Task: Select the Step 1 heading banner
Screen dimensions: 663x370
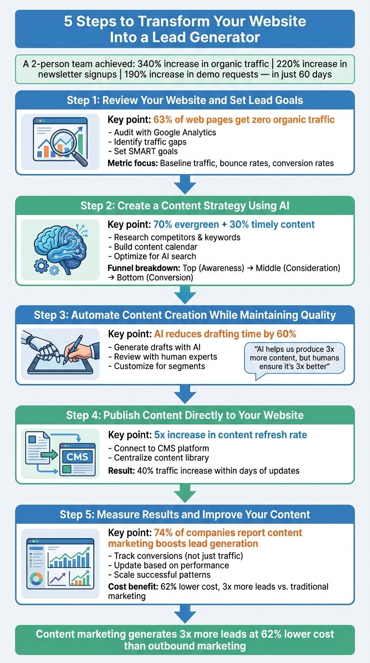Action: coord(185,101)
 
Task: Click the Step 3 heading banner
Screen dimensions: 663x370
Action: coord(185,316)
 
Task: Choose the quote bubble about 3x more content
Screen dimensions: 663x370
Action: coord(294,358)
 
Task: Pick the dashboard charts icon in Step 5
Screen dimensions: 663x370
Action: coord(60,561)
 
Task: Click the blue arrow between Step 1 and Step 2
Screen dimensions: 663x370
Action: coord(185,185)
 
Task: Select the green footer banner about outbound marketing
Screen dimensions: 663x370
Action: coord(185,640)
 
